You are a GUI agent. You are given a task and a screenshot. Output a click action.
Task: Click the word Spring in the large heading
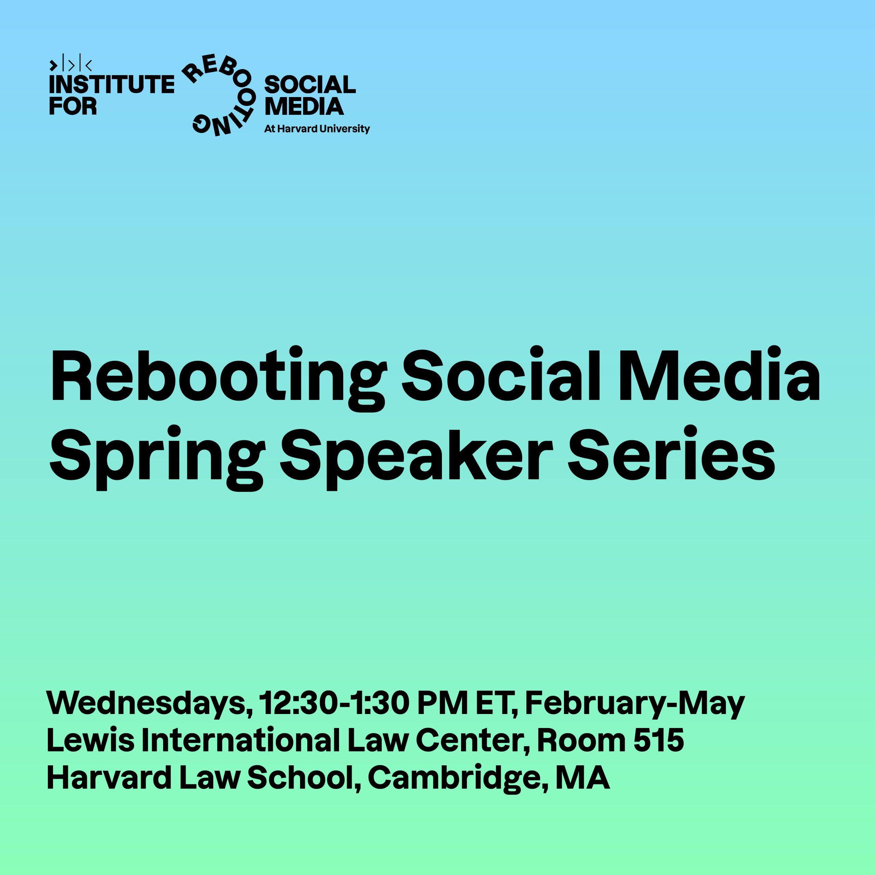pos(157,457)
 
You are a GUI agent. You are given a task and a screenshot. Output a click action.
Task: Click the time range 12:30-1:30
pos(334,703)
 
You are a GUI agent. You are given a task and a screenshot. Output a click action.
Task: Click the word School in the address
pos(304,779)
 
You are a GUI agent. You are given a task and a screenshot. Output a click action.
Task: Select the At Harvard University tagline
pos(317,129)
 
